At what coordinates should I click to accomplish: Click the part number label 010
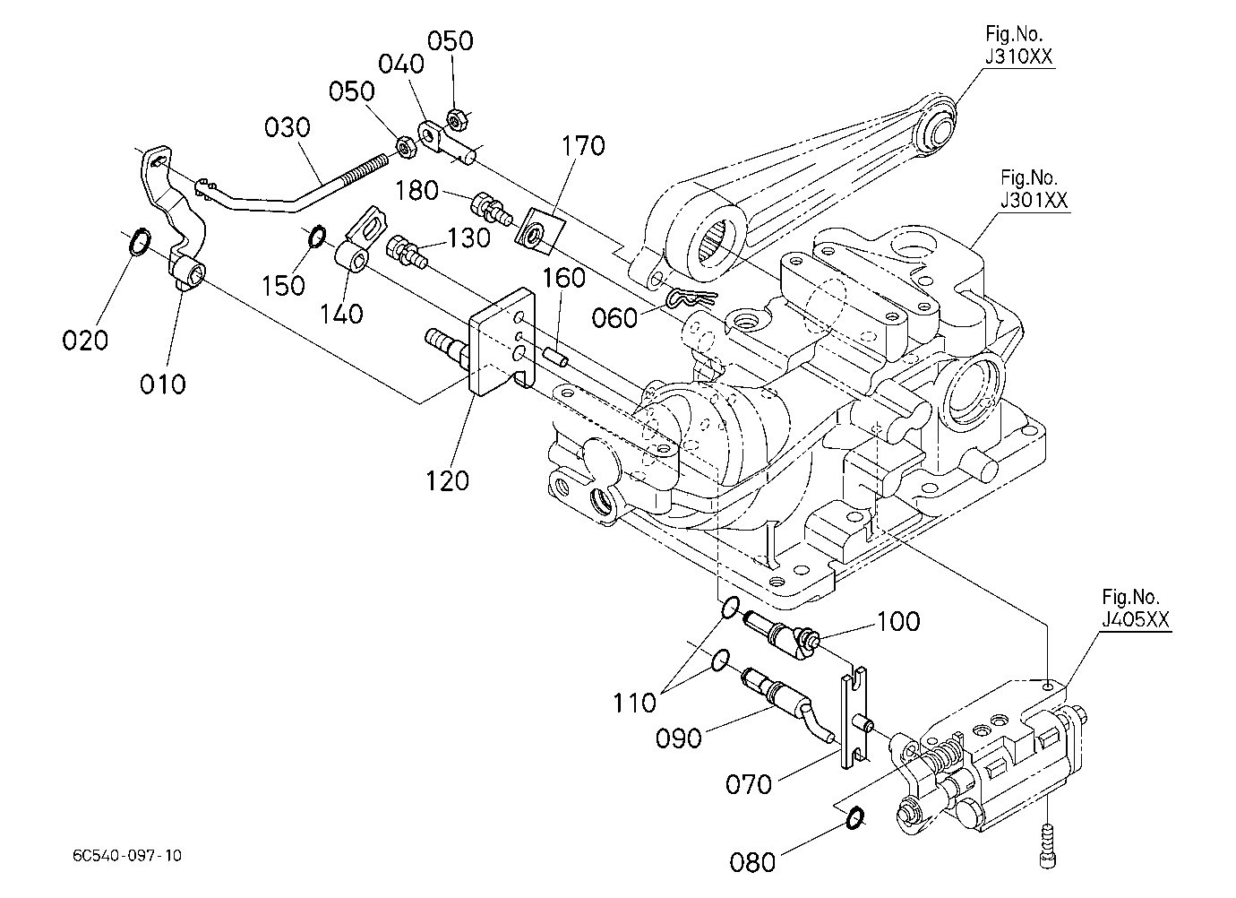[163, 384]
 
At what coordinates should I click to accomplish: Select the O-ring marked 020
[140, 241]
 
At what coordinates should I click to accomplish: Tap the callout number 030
[287, 127]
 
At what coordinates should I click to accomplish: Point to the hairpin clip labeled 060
[692, 299]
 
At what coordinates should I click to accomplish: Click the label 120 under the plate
[447, 480]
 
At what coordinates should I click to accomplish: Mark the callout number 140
[341, 315]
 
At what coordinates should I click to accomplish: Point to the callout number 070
[748, 784]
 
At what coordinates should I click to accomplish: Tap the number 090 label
[678, 738]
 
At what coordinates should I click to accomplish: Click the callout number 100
[898, 621]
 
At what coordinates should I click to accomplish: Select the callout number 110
[634, 703]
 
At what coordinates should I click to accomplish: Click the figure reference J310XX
[1018, 56]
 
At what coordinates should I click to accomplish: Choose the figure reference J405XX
[1136, 619]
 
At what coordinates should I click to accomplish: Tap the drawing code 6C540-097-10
[127, 856]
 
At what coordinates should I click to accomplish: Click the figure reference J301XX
[1034, 201]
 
